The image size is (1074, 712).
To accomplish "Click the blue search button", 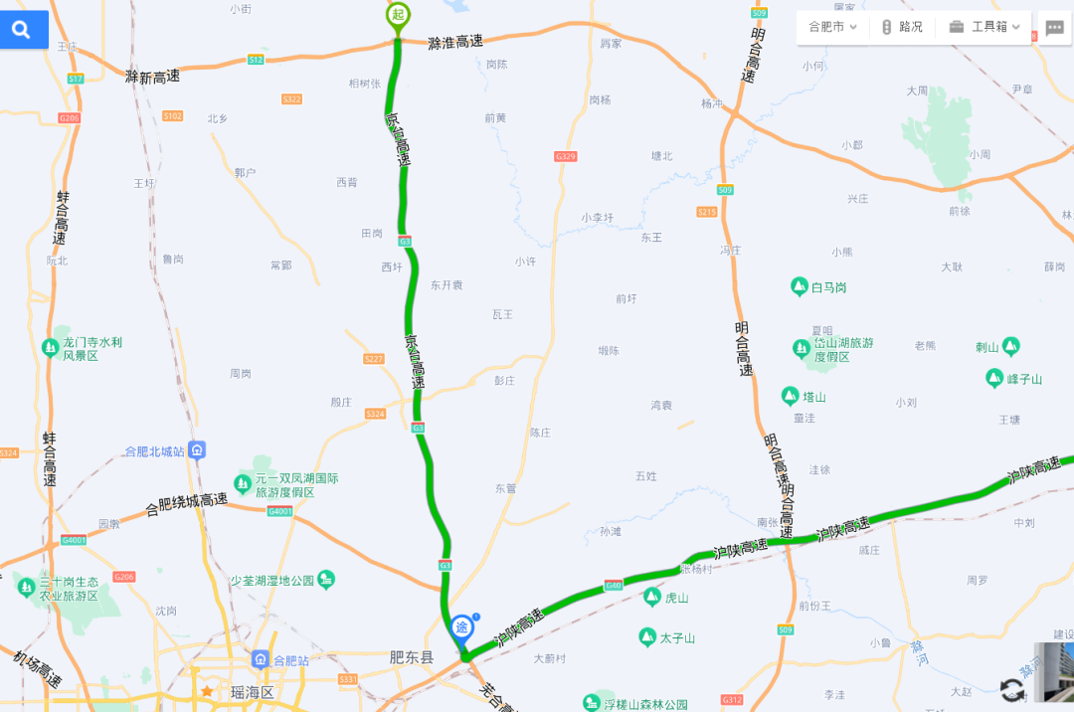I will coord(22,30).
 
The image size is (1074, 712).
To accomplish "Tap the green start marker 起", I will coord(398,14).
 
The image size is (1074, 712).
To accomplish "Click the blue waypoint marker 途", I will coord(462,627).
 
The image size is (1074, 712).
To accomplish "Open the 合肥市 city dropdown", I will coord(832,27).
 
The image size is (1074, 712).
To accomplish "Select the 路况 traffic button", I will coord(902,27).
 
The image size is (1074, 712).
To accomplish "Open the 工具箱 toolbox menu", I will coord(984,27).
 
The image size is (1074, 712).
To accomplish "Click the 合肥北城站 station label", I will coord(154,451).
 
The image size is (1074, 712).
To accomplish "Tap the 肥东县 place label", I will coord(412,658).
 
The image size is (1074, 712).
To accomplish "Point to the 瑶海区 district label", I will coord(252,692).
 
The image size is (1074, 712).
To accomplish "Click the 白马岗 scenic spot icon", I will coord(799,287).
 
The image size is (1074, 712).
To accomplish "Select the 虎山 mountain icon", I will coord(651,597).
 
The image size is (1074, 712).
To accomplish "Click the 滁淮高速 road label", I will coord(455,42).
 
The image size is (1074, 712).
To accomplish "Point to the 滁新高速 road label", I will coord(152,76).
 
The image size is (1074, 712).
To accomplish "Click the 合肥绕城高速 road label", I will coord(187,505).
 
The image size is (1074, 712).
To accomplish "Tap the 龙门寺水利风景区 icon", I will coord(50,348).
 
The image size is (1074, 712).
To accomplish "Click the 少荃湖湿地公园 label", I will coord(272,580).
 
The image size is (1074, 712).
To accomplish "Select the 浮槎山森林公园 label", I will coord(645,704).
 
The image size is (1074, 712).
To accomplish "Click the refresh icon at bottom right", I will coord(1011,690).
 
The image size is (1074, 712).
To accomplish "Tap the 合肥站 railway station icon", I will coord(261,659).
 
